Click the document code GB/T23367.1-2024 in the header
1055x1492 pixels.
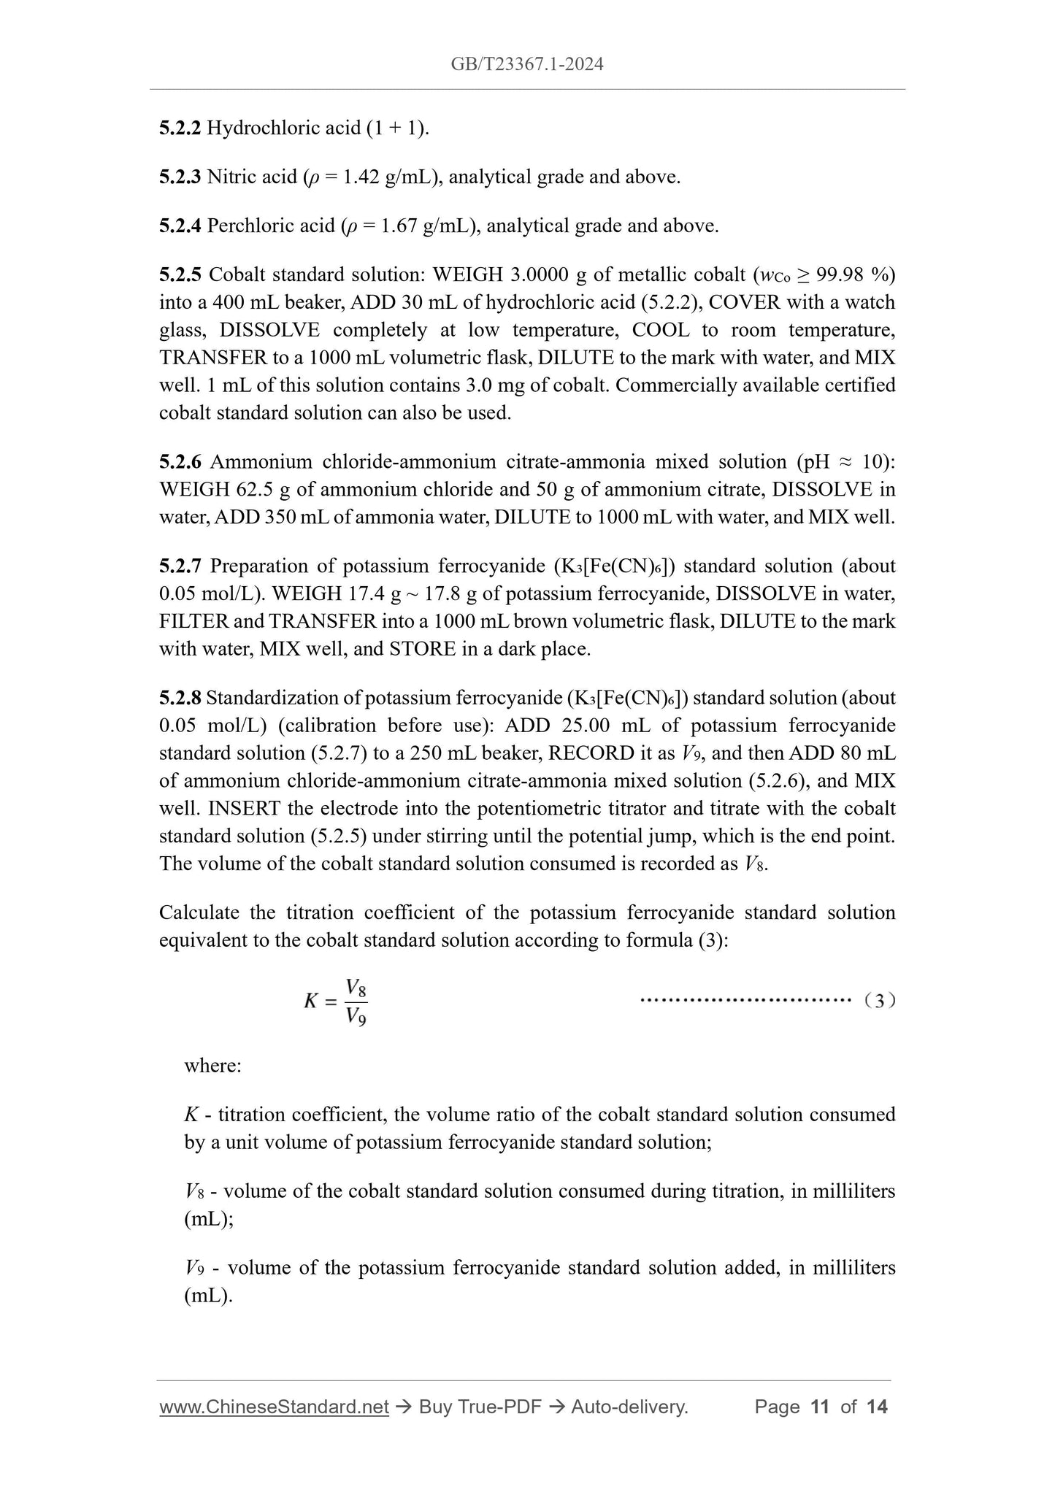pos(527,64)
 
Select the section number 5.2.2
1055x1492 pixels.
pos(180,128)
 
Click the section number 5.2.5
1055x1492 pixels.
pos(180,275)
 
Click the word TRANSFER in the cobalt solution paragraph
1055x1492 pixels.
pos(205,358)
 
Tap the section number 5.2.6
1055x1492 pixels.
pos(180,462)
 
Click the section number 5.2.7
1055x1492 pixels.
pos(180,566)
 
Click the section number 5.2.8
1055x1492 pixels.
pos(180,699)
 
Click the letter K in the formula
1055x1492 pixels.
pos(311,1001)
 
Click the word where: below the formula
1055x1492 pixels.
pos(212,1066)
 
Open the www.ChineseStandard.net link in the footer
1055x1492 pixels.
pos(274,1407)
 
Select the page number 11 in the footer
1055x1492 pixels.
pos(820,1407)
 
